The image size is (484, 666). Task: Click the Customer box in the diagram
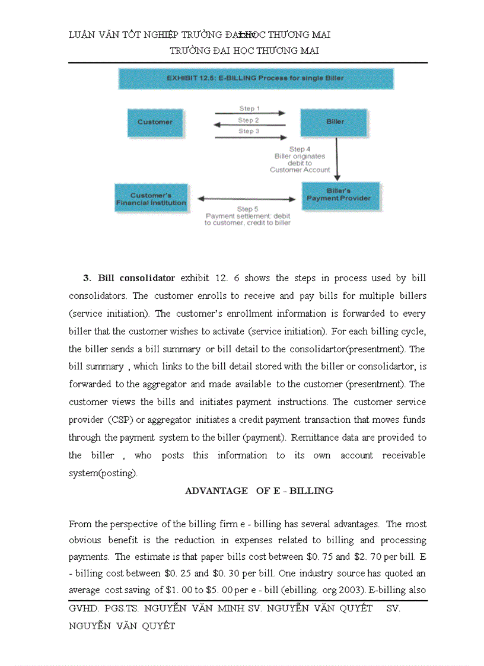pyautogui.click(x=155, y=122)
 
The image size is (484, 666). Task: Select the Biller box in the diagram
pyautogui.click(x=335, y=122)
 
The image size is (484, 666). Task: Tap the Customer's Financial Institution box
pyautogui.click(x=151, y=199)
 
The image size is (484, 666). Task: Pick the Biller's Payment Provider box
pyautogui.click(x=339, y=195)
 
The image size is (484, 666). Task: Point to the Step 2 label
pyautogui.click(x=249, y=120)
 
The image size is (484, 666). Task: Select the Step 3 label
pyautogui.click(x=249, y=131)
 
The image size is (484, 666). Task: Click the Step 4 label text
pyautogui.click(x=300, y=149)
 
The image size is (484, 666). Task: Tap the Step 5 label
pyautogui.click(x=247, y=209)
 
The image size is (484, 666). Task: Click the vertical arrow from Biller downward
pyautogui.click(x=337, y=159)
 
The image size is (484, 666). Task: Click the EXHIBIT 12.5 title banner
pyautogui.click(x=255, y=78)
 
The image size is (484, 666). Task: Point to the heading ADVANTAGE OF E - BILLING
pyautogui.click(x=259, y=491)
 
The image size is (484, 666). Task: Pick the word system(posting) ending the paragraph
pyautogui.click(x=103, y=473)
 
